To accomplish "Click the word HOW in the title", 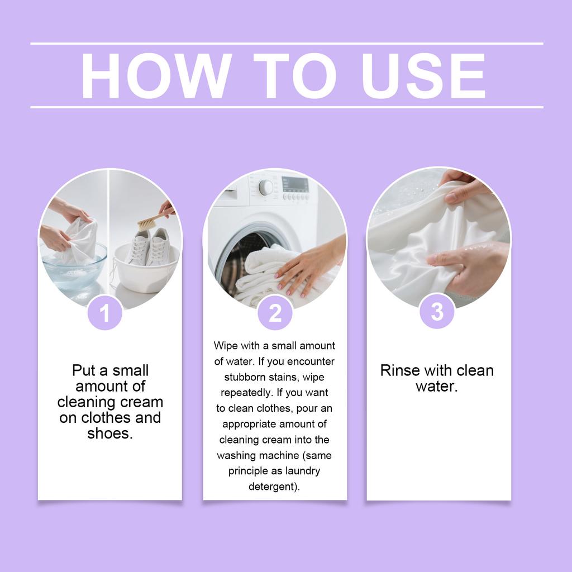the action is [x=156, y=75].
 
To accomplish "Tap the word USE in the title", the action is [x=423, y=75].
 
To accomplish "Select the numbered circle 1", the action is [x=104, y=313].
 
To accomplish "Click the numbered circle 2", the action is [x=275, y=313].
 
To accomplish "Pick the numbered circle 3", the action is [x=437, y=312].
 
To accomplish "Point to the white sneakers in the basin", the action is [x=147, y=246].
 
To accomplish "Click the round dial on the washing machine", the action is [x=265, y=187].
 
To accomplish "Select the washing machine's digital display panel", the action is [x=295, y=184].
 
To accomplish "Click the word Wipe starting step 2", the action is [x=226, y=345].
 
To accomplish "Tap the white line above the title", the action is [x=287, y=44].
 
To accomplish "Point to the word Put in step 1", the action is [x=84, y=370].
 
